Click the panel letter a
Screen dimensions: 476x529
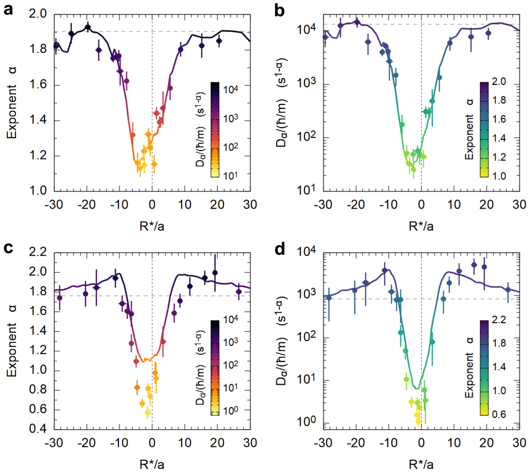tap(9, 9)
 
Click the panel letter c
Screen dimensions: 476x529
tap(9, 250)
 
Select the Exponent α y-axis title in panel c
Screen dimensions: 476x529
tap(12, 340)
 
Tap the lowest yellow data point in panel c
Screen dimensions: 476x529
tap(148, 412)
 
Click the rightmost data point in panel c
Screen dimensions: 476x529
tap(238, 291)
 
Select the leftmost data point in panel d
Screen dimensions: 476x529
tap(329, 297)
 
